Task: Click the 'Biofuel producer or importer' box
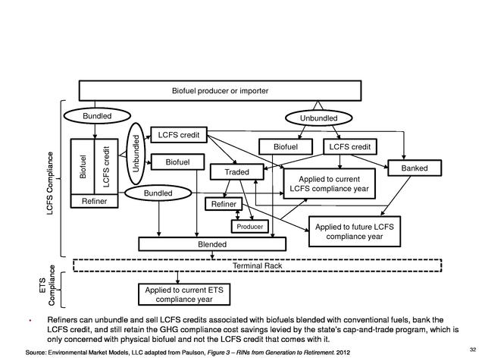coord(221,91)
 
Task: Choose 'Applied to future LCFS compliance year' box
coord(354,231)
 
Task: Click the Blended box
coord(212,244)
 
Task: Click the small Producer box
coord(250,227)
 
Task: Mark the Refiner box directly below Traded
coord(224,204)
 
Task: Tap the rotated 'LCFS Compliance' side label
coord(50,186)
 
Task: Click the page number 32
coord(473,349)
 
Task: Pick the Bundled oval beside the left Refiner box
coord(158,194)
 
